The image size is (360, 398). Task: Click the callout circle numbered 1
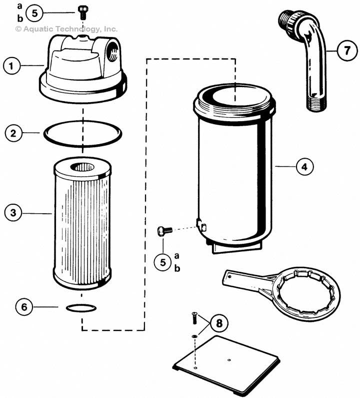click(12, 65)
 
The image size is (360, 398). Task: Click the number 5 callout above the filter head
click(34, 13)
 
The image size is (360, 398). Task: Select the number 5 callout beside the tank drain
click(163, 261)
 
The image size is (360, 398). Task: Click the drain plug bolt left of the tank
click(164, 230)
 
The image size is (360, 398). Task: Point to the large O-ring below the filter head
click(82, 134)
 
